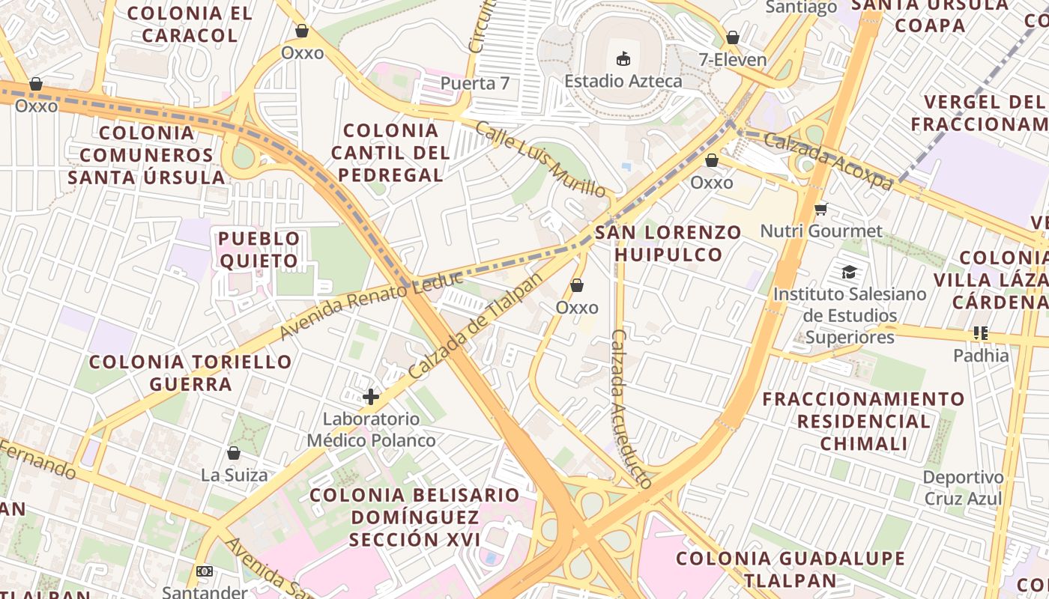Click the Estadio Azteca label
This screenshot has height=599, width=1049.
tap(623, 81)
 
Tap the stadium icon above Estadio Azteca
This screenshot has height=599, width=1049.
tap(623, 58)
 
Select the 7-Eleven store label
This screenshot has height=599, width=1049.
tap(732, 60)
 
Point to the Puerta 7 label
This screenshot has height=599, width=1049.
tap(475, 83)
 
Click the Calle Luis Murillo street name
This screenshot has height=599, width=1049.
tap(539, 159)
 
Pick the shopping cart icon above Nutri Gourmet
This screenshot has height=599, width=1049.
tap(821, 209)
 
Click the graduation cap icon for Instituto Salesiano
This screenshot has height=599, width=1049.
tap(849, 272)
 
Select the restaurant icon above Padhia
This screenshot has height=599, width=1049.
tap(981, 333)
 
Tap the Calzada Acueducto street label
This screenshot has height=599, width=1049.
tap(632, 409)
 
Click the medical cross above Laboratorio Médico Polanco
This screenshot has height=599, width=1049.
tap(371, 396)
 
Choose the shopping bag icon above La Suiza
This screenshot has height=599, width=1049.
tap(234, 453)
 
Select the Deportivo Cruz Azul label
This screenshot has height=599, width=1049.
tap(963, 487)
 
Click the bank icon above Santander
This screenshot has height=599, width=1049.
tap(205, 571)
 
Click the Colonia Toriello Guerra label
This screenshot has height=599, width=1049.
tap(190, 373)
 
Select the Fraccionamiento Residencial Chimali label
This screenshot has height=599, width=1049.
tap(863, 421)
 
